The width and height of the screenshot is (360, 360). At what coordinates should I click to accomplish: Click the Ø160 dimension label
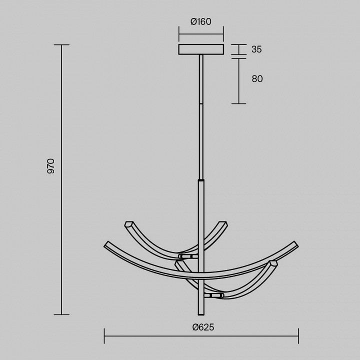click(x=201, y=21)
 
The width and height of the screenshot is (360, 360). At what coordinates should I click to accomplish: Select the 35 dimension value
click(x=256, y=49)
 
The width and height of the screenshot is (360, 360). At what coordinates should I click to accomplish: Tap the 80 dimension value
click(x=257, y=79)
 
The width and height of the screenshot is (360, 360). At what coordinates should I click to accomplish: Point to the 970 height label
click(x=50, y=166)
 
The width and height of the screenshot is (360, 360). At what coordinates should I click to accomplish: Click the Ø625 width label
click(x=203, y=327)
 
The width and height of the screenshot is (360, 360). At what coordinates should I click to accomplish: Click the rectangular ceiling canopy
click(x=201, y=49)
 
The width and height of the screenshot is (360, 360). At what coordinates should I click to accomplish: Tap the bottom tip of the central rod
click(x=201, y=314)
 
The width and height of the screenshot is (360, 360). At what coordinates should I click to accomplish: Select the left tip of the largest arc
click(x=105, y=244)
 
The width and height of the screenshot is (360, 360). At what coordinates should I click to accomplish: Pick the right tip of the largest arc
click(x=296, y=244)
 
